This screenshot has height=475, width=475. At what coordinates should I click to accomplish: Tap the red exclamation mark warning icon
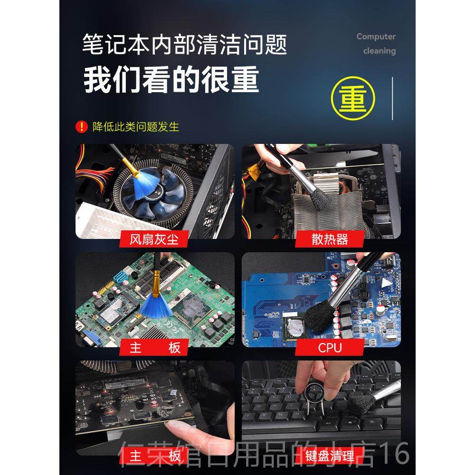click(82, 126)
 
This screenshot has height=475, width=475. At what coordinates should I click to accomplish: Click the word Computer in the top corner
click(376, 37)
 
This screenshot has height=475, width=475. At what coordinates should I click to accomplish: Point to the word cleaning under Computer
click(379, 51)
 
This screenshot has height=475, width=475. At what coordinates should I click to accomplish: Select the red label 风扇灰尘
click(155, 238)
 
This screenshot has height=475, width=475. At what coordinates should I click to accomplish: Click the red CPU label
click(330, 347)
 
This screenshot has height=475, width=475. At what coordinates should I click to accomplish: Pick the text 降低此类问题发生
click(136, 126)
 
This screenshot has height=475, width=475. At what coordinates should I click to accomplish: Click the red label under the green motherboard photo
click(155, 347)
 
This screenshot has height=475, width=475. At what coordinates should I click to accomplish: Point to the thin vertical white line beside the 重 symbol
click(392, 98)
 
